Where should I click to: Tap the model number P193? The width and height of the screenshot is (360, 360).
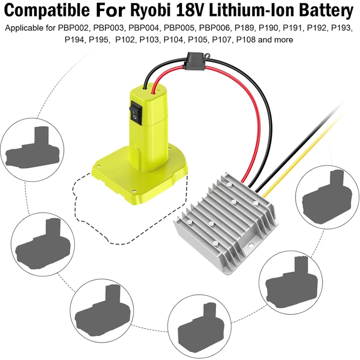[342, 29]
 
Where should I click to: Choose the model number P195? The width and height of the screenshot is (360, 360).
[99, 40]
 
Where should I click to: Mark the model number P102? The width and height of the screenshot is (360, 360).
[125, 40]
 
